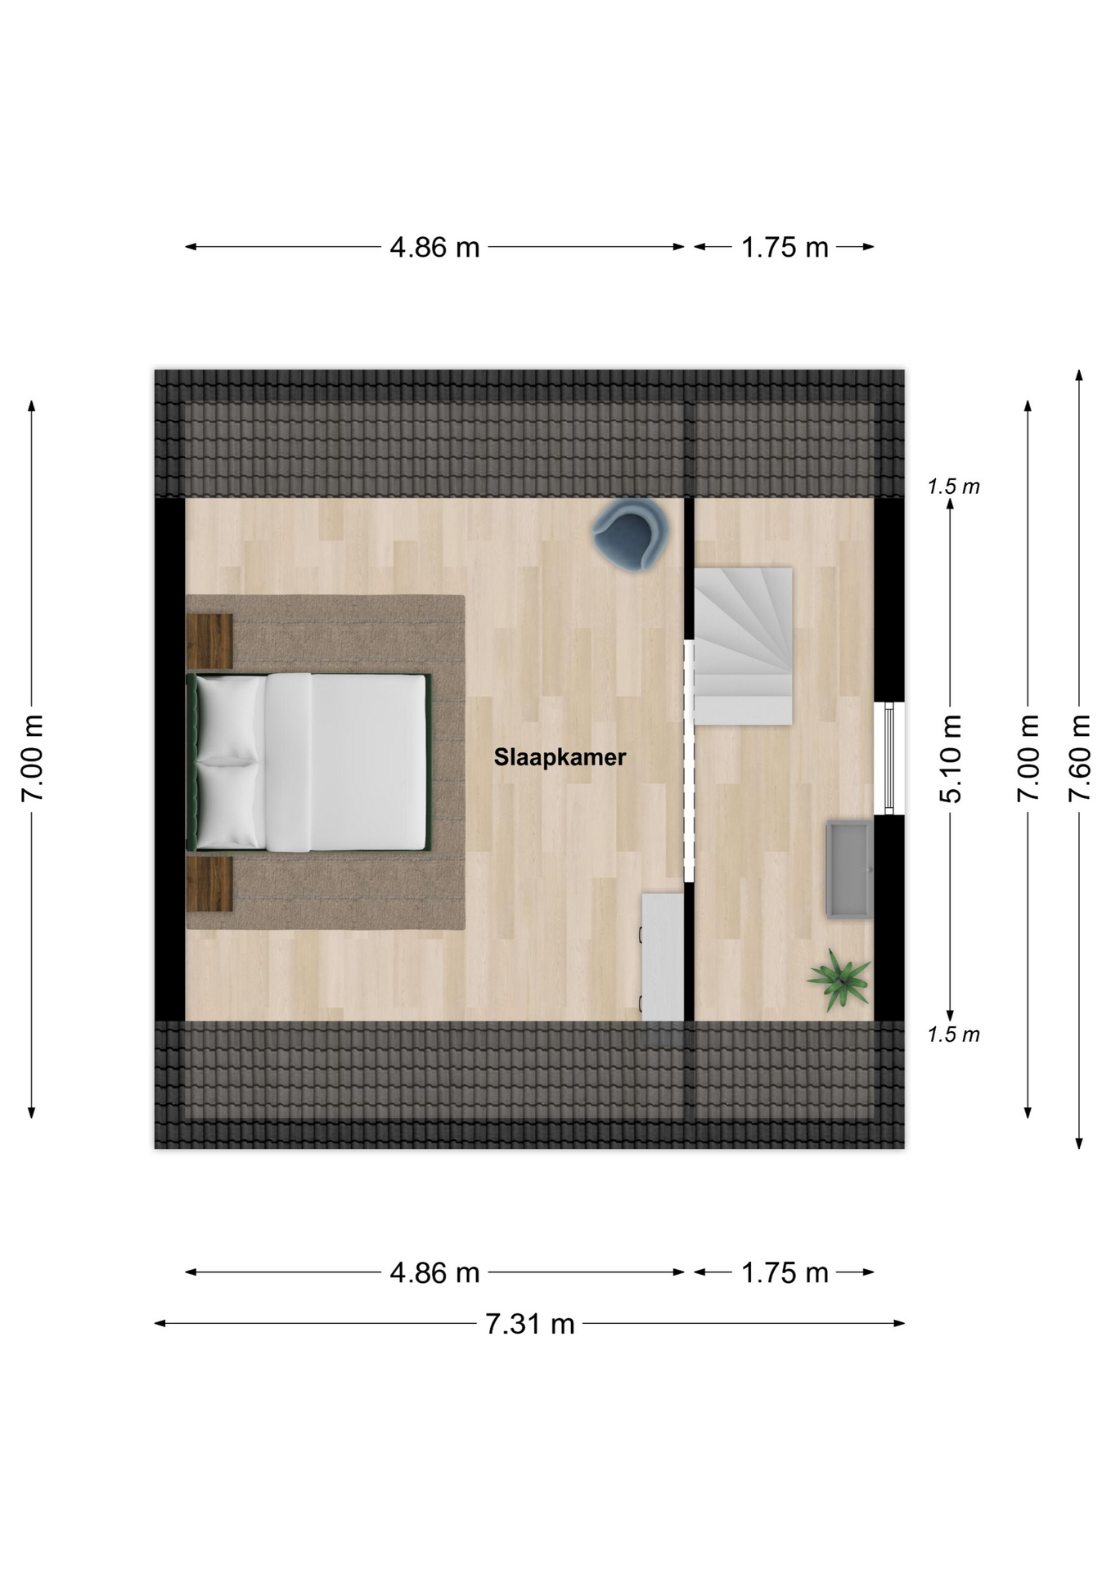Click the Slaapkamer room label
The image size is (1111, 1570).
pyautogui.click(x=560, y=757)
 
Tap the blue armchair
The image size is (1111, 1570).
pyautogui.click(x=631, y=534)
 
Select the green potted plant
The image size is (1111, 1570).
pyautogui.click(x=839, y=980)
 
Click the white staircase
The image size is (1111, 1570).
pyautogui.click(x=743, y=646)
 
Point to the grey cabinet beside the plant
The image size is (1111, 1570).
pyautogui.click(x=850, y=869)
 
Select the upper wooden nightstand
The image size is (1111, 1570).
pyautogui.click(x=209, y=642)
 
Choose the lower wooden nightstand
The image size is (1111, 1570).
pyautogui.click(x=209, y=884)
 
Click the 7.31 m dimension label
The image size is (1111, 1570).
pyautogui.click(x=530, y=1323)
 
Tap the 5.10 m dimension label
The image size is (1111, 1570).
pyautogui.click(x=951, y=758)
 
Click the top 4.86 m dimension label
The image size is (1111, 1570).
pyautogui.click(x=434, y=247)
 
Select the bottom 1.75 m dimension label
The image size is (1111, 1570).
pyautogui.click(x=785, y=1272)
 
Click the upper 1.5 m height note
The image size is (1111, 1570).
pyautogui.click(x=953, y=487)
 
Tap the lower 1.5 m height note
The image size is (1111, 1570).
pyautogui.click(x=953, y=1034)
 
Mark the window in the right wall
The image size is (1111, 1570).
pyautogui.click(x=889, y=758)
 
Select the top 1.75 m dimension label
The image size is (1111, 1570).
pyautogui.click(x=785, y=247)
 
